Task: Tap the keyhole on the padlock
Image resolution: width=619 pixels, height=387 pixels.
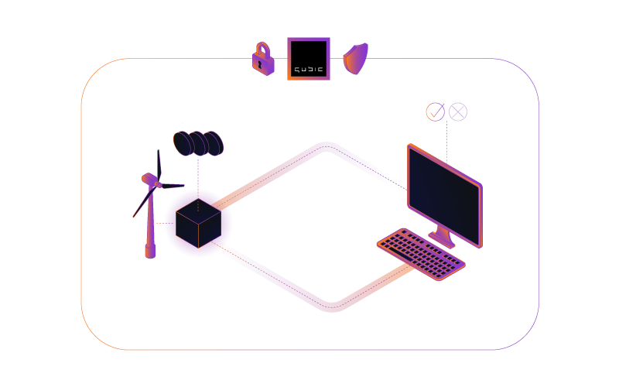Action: tap(259, 64)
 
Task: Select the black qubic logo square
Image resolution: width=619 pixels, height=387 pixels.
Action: tap(309, 59)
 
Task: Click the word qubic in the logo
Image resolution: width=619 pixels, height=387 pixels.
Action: tap(309, 70)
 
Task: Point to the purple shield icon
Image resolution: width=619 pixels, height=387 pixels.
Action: tap(356, 59)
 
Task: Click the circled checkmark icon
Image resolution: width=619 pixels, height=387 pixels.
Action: tap(436, 111)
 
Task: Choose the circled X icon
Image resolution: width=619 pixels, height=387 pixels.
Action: tap(458, 111)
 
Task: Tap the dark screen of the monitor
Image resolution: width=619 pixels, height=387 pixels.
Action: tap(444, 197)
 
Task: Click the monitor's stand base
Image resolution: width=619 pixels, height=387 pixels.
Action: tap(442, 239)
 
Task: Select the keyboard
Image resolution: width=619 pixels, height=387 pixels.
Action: tap(421, 255)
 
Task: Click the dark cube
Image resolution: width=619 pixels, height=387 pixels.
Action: tap(198, 224)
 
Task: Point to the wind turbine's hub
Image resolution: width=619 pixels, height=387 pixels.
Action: tap(159, 184)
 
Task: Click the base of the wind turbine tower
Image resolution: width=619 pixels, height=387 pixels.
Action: tap(150, 252)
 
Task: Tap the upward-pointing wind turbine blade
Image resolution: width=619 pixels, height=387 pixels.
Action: tap(159, 166)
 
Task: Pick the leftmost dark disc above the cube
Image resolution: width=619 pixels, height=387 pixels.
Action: tap(183, 143)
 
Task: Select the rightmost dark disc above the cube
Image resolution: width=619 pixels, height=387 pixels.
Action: tap(214, 143)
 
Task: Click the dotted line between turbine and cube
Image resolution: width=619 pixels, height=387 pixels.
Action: tap(166, 224)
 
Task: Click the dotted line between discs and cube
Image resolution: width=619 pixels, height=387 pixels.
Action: tap(198, 183)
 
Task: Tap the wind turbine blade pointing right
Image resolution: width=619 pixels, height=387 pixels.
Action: tap(173, 186)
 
